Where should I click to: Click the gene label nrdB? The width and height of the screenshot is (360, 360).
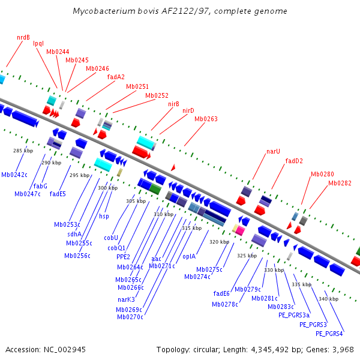[x=23, y=37]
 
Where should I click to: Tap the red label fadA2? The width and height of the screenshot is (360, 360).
[x=116, y=77]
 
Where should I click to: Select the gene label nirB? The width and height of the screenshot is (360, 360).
[x=173, y=104]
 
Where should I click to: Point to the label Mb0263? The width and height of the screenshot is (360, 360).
[x=206, y=119]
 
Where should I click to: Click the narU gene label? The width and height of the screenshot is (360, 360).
[x=274, y=151]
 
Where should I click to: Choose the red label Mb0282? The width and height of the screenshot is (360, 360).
[x=340, y=183]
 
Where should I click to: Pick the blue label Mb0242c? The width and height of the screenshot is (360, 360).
[x=14, y=175]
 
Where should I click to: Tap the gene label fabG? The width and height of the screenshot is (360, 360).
[x=40, y=186]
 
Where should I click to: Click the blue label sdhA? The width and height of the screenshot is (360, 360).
[x=74, y=234]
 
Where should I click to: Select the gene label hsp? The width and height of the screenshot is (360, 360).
[x=104, y=216]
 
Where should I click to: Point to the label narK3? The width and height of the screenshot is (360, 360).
[x=126, y=299]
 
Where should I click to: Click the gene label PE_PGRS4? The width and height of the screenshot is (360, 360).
[x=329, y=334]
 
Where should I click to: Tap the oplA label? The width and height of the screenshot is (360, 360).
[x=189, y=256]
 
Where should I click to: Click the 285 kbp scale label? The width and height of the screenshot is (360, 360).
[x=23, y=151]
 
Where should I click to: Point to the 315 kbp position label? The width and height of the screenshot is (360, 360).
[x=191, y=228]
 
